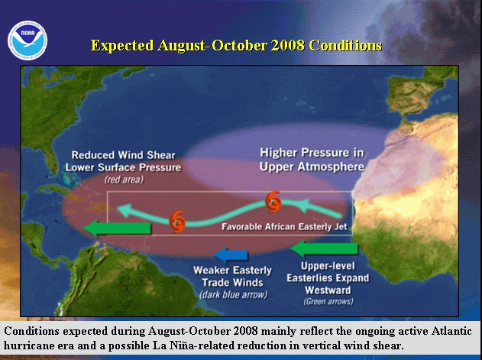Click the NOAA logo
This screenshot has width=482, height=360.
click(27, 41)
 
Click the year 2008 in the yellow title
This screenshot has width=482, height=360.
click(288, 46)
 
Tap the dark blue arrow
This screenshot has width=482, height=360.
click(231, 255)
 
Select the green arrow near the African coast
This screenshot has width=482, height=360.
click(325, 248)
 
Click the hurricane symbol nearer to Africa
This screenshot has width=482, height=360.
click(273, 202)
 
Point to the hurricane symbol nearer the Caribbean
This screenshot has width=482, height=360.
click(177, 222)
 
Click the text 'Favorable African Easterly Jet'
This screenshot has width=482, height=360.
click(284, 227)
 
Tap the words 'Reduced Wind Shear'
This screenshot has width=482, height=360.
click(123, 154)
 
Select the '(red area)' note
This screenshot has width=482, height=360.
click(124, 180)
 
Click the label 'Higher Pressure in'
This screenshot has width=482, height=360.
click(312, 153)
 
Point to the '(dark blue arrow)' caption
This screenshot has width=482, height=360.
click(233, 294)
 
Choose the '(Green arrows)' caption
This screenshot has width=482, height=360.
click(328, 301)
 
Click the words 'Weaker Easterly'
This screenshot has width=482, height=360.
click(232, 270)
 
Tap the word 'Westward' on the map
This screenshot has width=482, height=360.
click(328, 290)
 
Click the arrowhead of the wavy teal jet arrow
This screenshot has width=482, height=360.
click(125, 210)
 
